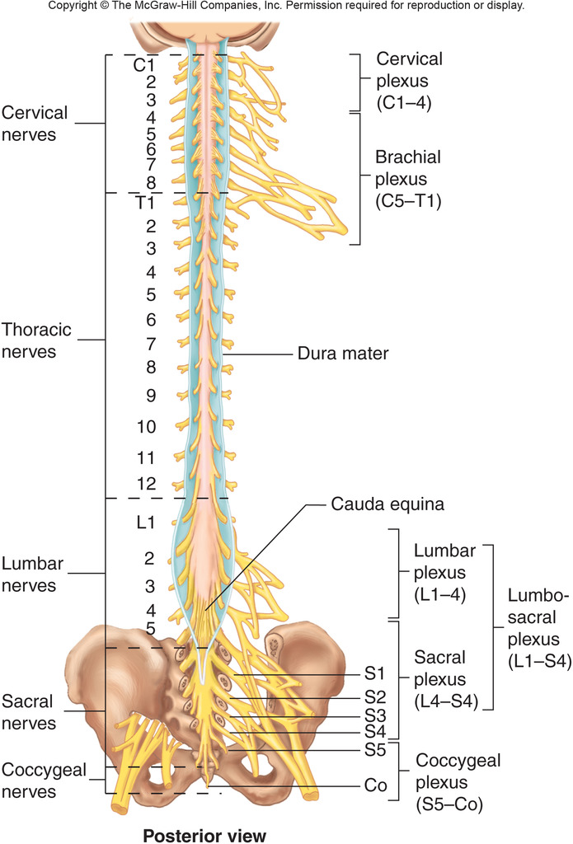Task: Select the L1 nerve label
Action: (x=146, y=523)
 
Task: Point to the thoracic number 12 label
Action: (x=146, y=484)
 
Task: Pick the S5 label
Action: (x=375, y=750)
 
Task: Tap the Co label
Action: (x=375, y=786)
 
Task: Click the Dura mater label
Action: (x=342, y=355)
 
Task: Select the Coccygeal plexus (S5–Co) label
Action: (x=458, y=781)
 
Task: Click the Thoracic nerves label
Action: (x=36, y=340)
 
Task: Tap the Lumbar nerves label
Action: (x=40, y=574)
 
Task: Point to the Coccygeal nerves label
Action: (x=40, y=781)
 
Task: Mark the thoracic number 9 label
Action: (x=151, y=396)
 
